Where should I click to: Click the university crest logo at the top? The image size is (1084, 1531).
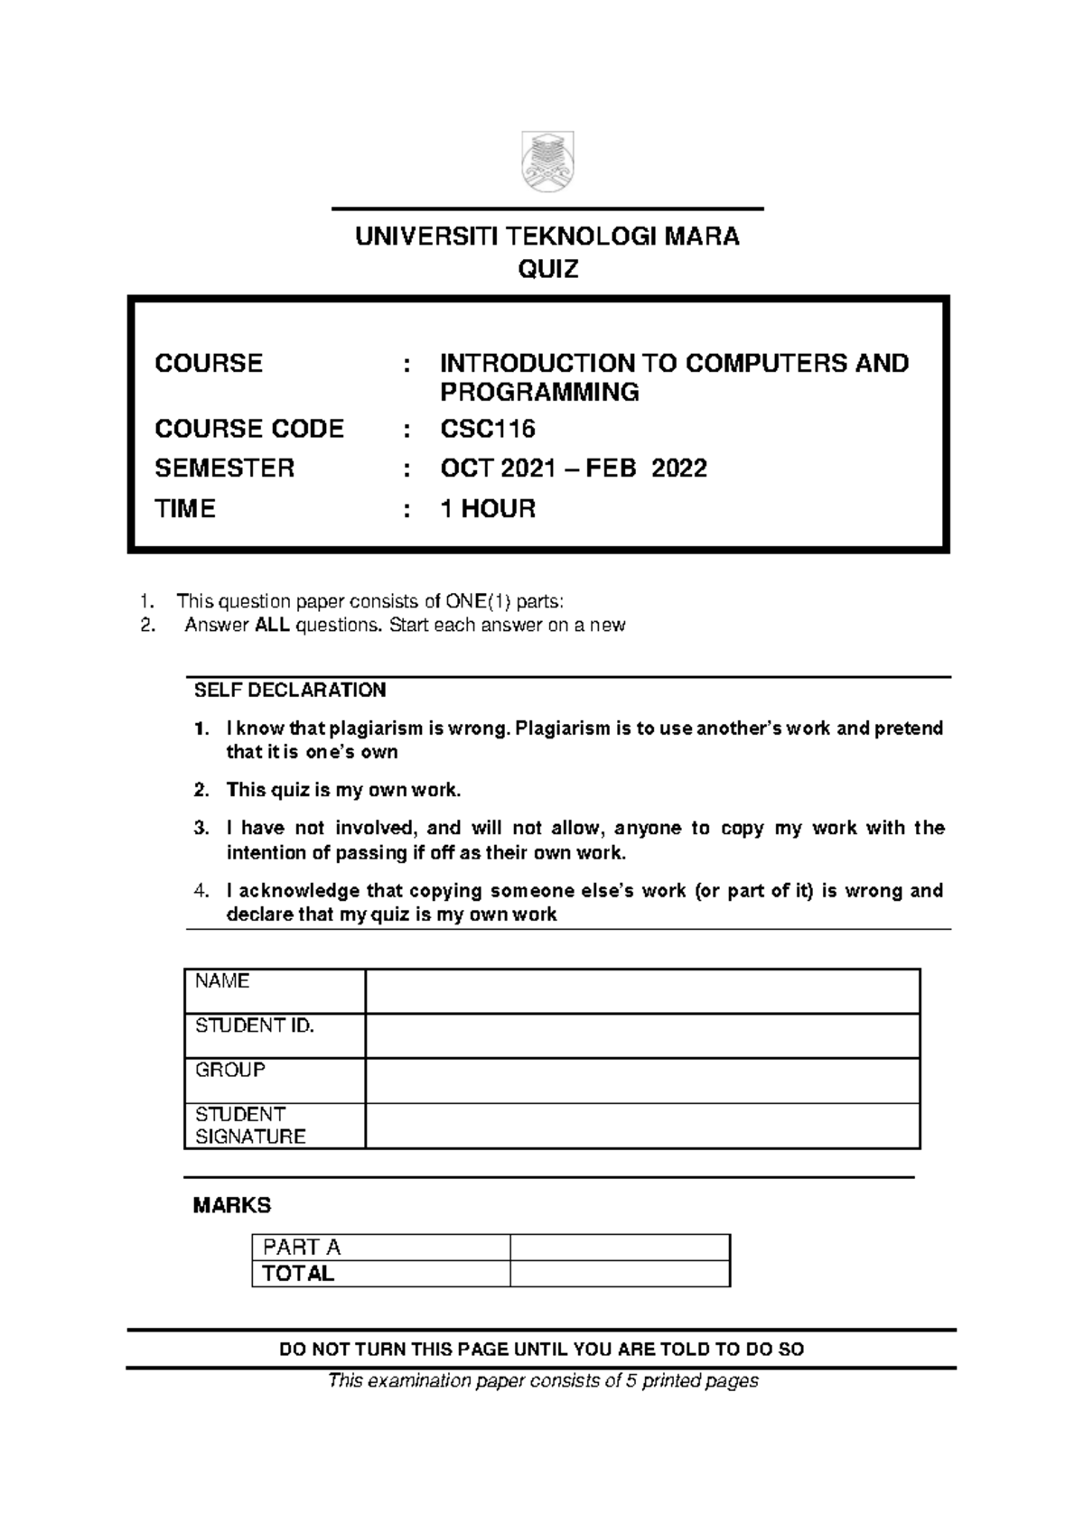[x=547, y=162]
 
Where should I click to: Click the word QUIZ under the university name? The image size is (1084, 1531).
[x=547, y=269]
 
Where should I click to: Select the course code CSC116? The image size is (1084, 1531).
[x=488, y=429]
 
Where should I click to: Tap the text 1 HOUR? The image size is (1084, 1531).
[x=488, y=509]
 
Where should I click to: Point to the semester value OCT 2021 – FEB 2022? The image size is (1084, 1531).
[x=573, y=469]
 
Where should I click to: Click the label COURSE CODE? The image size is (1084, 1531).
[x=249, y=429]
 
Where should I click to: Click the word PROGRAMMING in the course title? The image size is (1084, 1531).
[x=539, y=393]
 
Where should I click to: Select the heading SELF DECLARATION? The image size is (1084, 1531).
[x=290, y=691]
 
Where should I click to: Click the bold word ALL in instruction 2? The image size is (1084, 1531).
[x=273, y=626]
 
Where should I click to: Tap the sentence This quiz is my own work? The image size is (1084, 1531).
[x=343, y=791]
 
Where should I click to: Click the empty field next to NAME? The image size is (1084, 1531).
[x=641, y=991]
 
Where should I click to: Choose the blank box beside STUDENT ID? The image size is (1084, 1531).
[x=641, y=1035]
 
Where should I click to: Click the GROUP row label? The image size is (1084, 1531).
[x=230, y=1071]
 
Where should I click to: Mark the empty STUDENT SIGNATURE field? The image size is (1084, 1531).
[x=641, y=1126]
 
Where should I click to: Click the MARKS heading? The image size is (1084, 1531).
[x=232, y=1206]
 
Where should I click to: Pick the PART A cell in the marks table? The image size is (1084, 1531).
[x=301, y=1248]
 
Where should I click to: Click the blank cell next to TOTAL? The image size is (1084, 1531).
[x=620, y=1274]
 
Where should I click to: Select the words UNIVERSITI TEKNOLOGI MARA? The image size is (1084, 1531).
[x=547, y=237]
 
